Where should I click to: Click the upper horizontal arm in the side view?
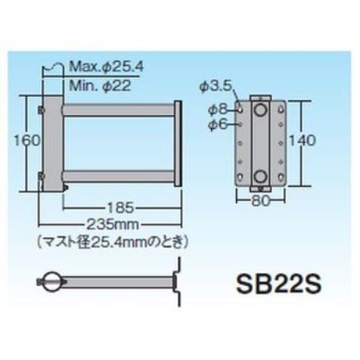[119, 108]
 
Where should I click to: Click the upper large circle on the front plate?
[261, 109]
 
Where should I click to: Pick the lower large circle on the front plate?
[261, 174]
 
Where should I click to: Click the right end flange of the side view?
[178, 141]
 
